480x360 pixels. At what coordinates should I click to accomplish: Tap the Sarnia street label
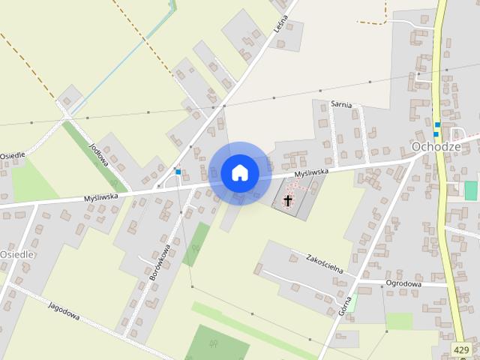(x=342, y=104)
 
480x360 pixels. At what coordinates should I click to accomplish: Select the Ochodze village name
(x=436, y=145)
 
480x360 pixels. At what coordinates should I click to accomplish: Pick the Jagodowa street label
(x=64, y=311)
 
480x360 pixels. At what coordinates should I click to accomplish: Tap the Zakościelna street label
(x=324, y=262)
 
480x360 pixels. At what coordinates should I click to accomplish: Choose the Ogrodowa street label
(x=403, y=283)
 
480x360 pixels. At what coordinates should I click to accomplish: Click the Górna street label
(x=346, y=304)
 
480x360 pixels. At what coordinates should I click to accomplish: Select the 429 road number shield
(x=462, y=349)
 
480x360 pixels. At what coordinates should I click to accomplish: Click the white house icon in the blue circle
(x=240, y=172)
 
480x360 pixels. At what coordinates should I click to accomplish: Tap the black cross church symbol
(x=288, y=200)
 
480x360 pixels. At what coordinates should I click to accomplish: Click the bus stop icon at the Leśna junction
(x=178, y=172)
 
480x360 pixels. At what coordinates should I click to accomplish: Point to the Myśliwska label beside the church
(x=311, y=173)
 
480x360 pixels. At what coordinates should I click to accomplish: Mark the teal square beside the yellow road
(x=471, y=190)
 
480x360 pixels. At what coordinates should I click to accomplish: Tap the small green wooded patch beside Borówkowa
(x=196, y=244)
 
